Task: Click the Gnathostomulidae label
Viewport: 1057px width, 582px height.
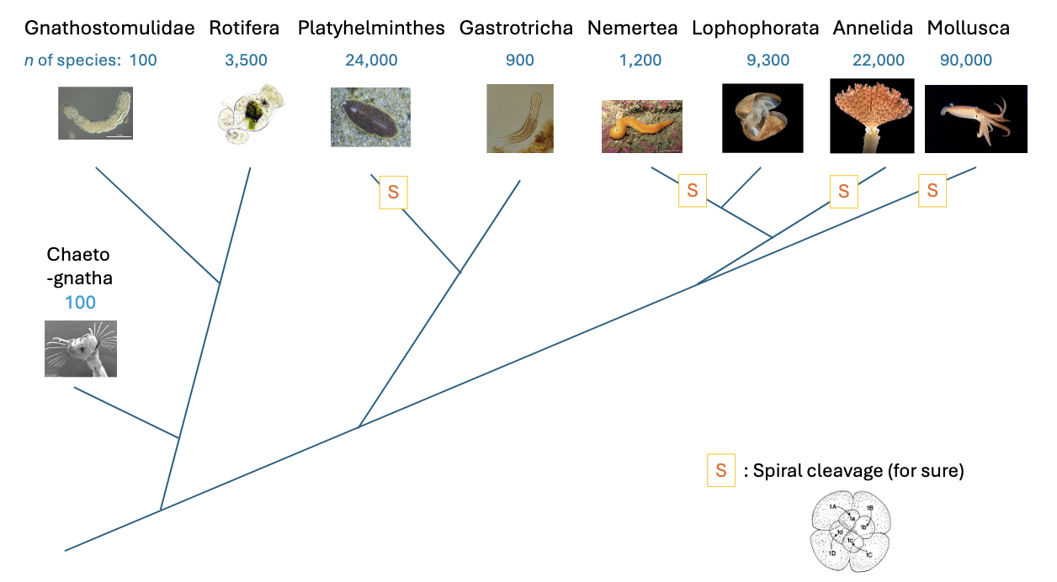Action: tap(110, 29)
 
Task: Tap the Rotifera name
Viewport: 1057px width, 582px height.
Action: tap(245, 29)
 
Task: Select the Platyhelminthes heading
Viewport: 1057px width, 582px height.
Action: tap(371, 29)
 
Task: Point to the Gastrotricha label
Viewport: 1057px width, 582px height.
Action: tap(516, 29)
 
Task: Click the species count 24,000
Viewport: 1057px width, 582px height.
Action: tap(371, 61)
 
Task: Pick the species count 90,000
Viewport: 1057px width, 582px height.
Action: tap(964, 61)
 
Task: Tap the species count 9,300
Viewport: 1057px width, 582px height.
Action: tap(768, 61)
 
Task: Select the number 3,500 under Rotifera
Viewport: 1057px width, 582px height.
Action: tap(246, 61)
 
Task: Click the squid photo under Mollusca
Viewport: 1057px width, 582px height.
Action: tap(975, 119)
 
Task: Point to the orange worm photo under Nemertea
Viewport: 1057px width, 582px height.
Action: tap(642, 126)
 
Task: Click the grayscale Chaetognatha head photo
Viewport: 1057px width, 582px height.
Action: tap(81, 348)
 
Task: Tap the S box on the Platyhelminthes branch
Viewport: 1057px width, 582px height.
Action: tap(393, 193)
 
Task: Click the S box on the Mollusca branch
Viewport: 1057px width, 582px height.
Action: tap(932, 190)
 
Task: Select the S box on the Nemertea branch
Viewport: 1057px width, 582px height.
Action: tap(693, 190)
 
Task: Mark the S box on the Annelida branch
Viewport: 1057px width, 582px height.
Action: tap(843, 191)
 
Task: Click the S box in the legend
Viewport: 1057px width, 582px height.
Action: tap(720, 471)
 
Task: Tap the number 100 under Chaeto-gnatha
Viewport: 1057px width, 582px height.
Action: tap(81, 303)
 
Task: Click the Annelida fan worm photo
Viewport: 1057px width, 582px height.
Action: tap(872, 116)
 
